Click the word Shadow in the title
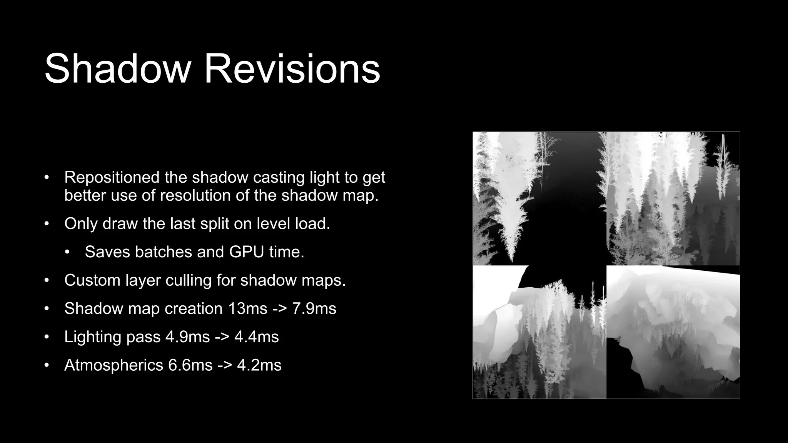click(x=118, y=69)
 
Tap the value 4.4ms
click(x=256, y=337)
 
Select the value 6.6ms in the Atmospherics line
click(x=190, y=365)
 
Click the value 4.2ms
click(x=259, y=365)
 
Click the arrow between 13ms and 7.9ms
click(x=280, y=309)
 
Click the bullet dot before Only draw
click(x=47, y=224)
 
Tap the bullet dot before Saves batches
click(x=67, y=252)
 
